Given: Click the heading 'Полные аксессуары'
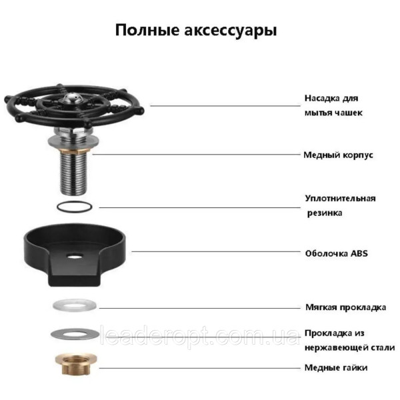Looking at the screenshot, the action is click(x=196, y=31).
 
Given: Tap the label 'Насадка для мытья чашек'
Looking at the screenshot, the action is click(x=333, y=105).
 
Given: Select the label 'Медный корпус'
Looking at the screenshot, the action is click(x=338, y=155).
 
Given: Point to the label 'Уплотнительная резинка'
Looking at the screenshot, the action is click(x=340, y=205).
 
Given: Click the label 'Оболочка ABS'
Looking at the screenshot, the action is click(x=337, y=253).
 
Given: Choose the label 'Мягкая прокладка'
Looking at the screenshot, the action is click(x=345, y=307).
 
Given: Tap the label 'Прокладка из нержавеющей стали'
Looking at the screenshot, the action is click(x=350, y=340).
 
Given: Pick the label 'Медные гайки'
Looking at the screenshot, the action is click(x=336, y=367).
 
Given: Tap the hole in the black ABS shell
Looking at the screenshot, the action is click(x=74, y=255).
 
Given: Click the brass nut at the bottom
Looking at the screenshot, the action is click(x=76, y=364).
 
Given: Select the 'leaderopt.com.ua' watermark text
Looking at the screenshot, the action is click(x=199, y=335).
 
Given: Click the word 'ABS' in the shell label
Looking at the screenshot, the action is click(x=359, y=253).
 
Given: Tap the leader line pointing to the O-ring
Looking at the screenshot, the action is click(x=200, y=207).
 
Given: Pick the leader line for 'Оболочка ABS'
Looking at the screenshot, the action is click(x=216, y=251).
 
